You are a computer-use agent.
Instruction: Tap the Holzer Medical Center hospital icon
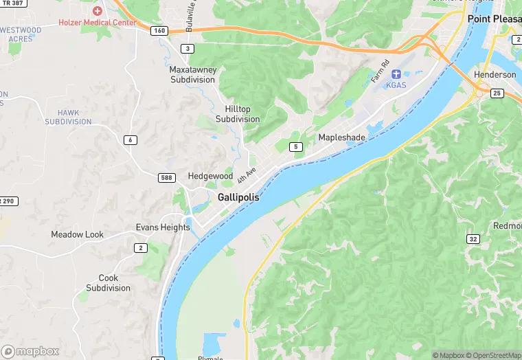98,11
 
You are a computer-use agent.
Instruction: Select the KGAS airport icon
396,74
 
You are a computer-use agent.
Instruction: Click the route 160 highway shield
159,30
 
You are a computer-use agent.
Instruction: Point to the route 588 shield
167,178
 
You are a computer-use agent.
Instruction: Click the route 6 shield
130,140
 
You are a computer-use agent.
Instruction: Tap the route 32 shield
473,239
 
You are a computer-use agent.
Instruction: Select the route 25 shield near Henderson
497,93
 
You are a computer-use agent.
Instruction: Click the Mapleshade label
341,137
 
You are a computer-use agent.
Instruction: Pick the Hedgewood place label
210,177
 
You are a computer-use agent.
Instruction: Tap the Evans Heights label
163,227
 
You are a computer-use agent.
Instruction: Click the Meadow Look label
77,234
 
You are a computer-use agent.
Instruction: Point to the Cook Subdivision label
108,283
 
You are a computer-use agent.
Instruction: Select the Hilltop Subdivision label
238,114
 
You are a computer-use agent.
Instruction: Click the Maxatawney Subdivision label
192,74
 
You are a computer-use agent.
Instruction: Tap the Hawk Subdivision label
68,117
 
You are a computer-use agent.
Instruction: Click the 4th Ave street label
246,175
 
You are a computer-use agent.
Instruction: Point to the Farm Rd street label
379,70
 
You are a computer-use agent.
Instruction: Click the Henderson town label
495,74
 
